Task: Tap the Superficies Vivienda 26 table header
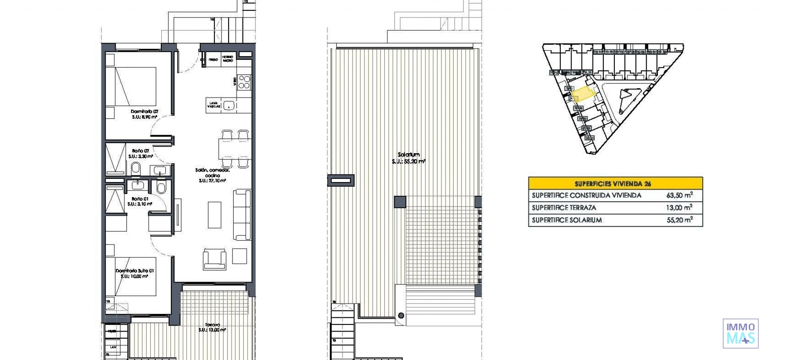(615, 183)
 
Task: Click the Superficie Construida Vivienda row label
(586, 195)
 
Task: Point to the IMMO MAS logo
(740, 334)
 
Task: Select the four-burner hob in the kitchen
(244, 82)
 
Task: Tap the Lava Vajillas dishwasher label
(214, 105)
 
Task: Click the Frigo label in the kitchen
(213, 60)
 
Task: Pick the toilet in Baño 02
(136, 169)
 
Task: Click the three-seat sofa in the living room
(242, 214)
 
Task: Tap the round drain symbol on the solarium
(401, 316)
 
